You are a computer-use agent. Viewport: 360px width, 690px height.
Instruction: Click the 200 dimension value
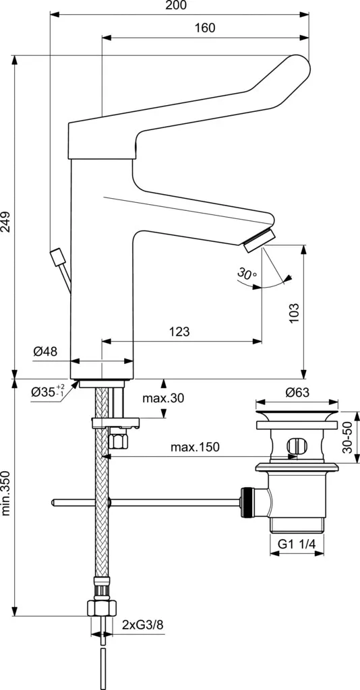[177, 5]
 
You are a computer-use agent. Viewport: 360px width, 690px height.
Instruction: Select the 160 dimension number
[205, 28]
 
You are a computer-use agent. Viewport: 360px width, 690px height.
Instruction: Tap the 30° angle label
[247, 274]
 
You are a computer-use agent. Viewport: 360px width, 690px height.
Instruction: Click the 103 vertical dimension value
[295, 313]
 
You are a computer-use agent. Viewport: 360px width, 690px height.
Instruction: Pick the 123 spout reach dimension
[179, 332]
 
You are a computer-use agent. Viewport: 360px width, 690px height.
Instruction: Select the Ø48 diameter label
[45, 351]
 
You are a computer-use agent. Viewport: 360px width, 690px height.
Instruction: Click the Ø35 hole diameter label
[48, 390]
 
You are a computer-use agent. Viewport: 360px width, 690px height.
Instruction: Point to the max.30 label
[163, 398]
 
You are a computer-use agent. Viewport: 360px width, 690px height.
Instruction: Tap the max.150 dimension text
[195, 447]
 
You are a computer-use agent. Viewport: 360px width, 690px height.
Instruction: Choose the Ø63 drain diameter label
[297, 392]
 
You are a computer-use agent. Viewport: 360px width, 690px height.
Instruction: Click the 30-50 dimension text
[348, 437]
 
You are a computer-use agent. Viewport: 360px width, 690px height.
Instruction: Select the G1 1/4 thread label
[297, 544]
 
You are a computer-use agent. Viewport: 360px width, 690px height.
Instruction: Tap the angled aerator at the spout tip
[260, 241]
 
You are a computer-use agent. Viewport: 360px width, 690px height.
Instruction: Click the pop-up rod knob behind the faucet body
[58, 257]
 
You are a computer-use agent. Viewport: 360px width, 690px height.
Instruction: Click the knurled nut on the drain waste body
[247, 502]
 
